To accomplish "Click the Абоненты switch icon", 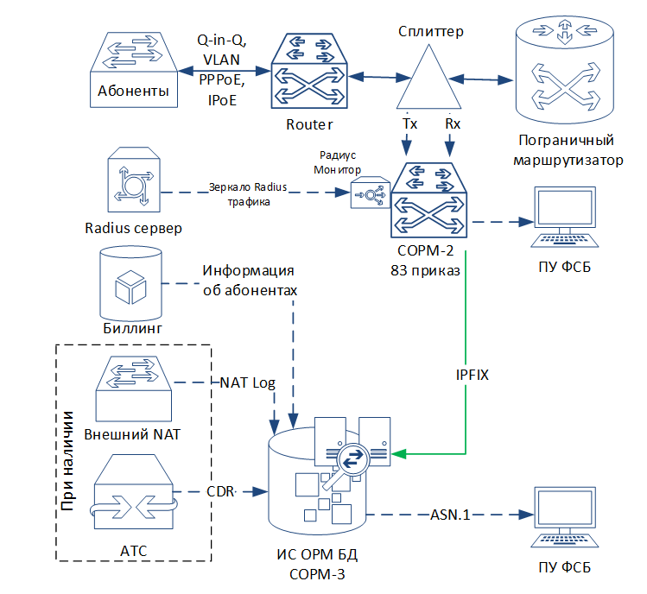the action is click(x=134, y=70).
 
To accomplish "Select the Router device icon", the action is click(x=309, y=72).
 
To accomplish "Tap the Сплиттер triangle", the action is click(x=428, y=77).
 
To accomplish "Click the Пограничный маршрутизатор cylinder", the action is click(x=565, y=70).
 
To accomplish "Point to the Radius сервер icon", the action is click(x=134, y=180).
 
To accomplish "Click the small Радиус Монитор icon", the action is click(x=370, y=193).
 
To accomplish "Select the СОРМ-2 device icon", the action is click(x=428, y=200).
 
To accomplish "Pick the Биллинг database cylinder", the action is click(x=130, y=284).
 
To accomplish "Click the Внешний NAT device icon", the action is click(x=133, y=389).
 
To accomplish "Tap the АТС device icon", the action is click(x=133, y=492).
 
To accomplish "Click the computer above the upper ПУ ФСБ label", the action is click(x=564, y=217).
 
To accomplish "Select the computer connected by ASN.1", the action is click(x=564, y=517).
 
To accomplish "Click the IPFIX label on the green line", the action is click(x=472, y=375).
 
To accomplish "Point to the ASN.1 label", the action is click(x=450, y=515).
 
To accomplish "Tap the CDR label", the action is click(x=220, y=492).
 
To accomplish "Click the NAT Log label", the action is click(x=247, y=382).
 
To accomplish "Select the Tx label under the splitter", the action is click(x=409, y=123).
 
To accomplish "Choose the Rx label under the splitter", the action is click(x=453, y=123).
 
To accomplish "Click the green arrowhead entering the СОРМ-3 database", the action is click(x=398, y=454).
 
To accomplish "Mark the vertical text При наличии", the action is click(x=67, y=461).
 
